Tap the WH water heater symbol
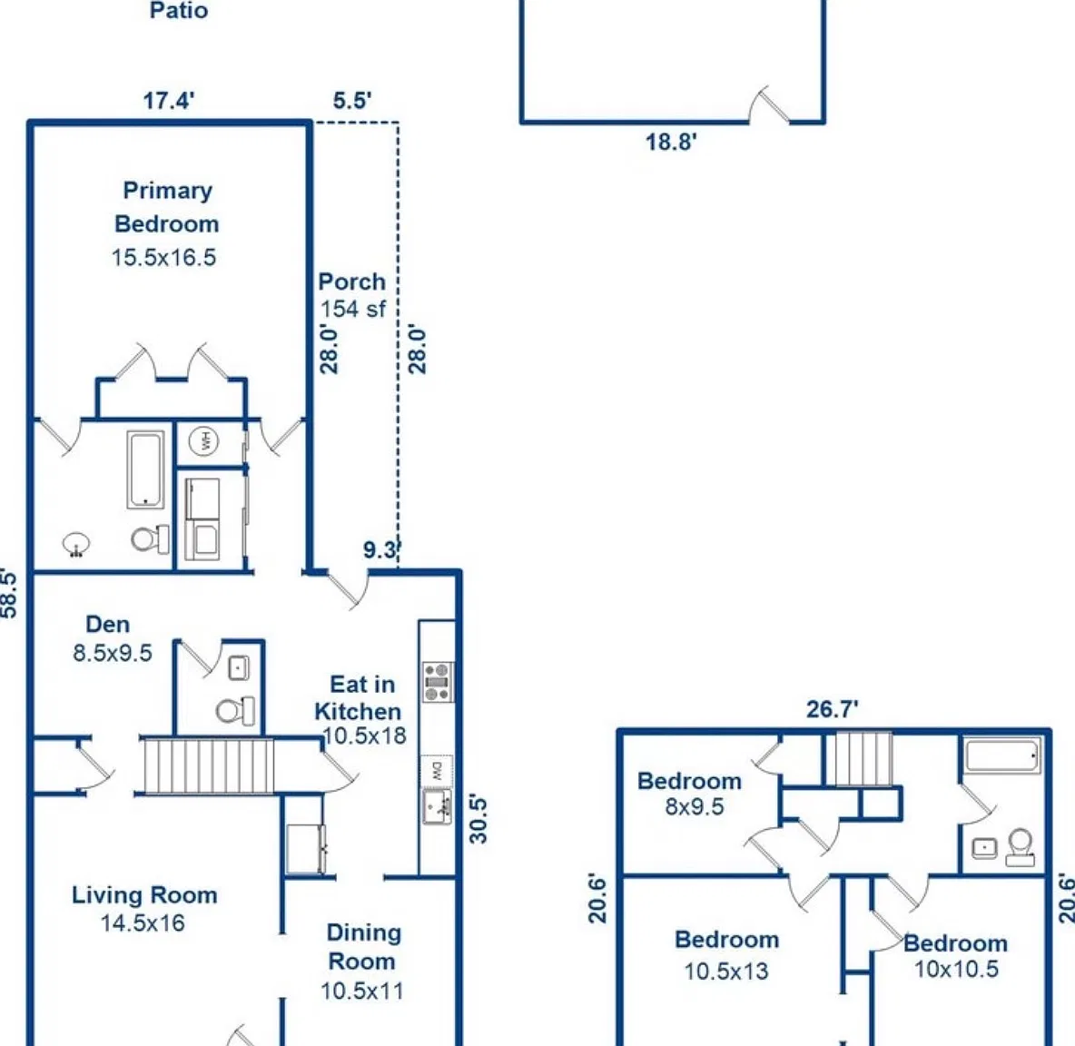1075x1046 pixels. pos(204,440)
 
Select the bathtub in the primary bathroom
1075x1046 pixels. pos(145,469)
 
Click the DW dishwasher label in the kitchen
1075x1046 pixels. pos(437,771)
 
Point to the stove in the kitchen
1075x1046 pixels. pos(438,682)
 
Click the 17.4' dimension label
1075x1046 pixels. pos(169,101)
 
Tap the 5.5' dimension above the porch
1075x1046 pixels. pos(352,101)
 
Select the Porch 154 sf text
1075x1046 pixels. pos(352,295)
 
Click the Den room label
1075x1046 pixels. pos(108,625)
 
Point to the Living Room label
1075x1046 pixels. pos(144,895)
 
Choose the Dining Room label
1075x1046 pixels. pos(363,947)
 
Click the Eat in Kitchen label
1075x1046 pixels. pos(359,698)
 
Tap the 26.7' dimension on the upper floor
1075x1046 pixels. pos(833,709)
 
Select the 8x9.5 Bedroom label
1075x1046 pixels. pos(690,793)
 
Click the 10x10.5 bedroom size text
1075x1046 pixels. pos(956,969)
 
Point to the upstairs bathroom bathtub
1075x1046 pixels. pos(1002,756)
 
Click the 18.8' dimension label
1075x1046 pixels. pos(671,142)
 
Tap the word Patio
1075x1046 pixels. pos(179,10)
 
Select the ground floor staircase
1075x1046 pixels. pos(209,765)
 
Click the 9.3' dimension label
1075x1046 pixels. pos(382,549)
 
